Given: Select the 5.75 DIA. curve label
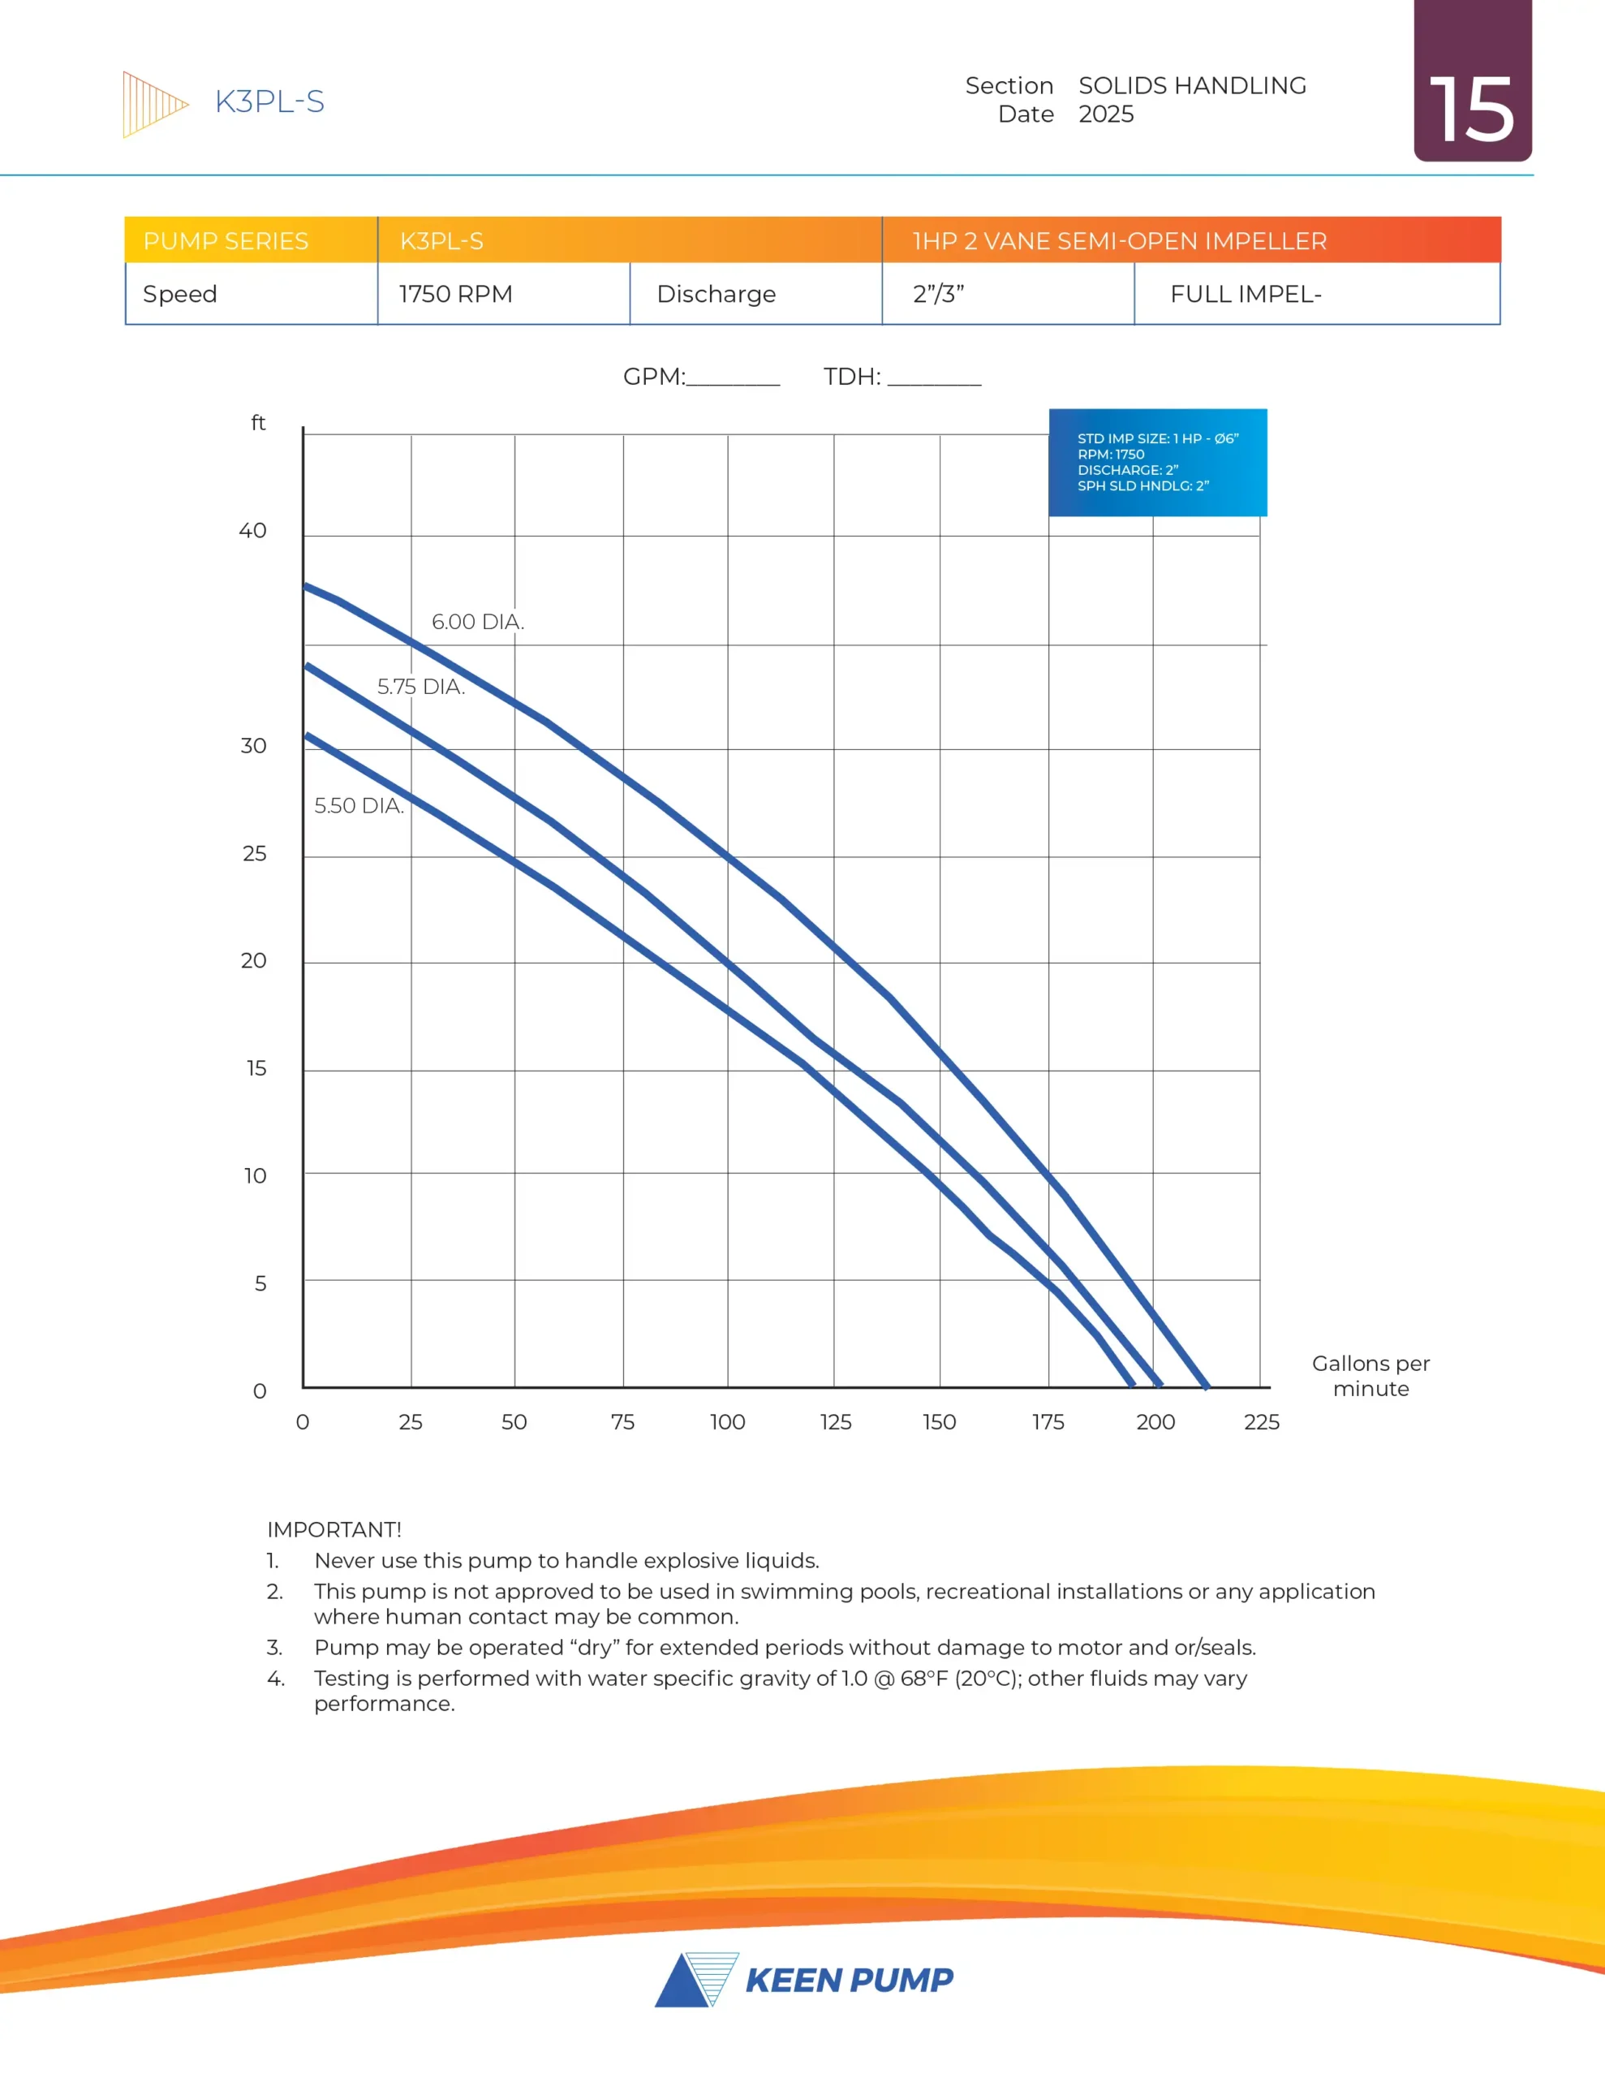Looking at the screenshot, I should [x=420, y=686].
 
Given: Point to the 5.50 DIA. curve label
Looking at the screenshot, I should [x=359, y=805].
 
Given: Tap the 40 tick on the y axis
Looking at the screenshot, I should [x=252, y=531].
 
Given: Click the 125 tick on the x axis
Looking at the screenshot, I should [x=835, y=1421].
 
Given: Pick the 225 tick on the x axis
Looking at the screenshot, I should [x=1262, y=1421].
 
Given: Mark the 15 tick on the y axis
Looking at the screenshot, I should [x=256, y=1068].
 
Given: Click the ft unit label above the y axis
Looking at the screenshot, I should [x=258, y=422].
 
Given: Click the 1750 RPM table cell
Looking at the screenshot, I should [x=456, y=294].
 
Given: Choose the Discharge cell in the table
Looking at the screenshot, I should [x=716, y=294].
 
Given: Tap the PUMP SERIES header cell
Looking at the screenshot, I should [x=226, y=241].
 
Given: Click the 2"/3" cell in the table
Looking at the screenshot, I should [x=938, y=294].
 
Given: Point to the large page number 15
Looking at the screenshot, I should [x=1471, y=110].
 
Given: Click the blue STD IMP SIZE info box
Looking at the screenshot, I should [x=1157, y=463].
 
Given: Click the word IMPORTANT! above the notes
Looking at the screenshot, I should [x=334, y=1529].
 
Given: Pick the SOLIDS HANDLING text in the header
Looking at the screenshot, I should [x=1192, y=85].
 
